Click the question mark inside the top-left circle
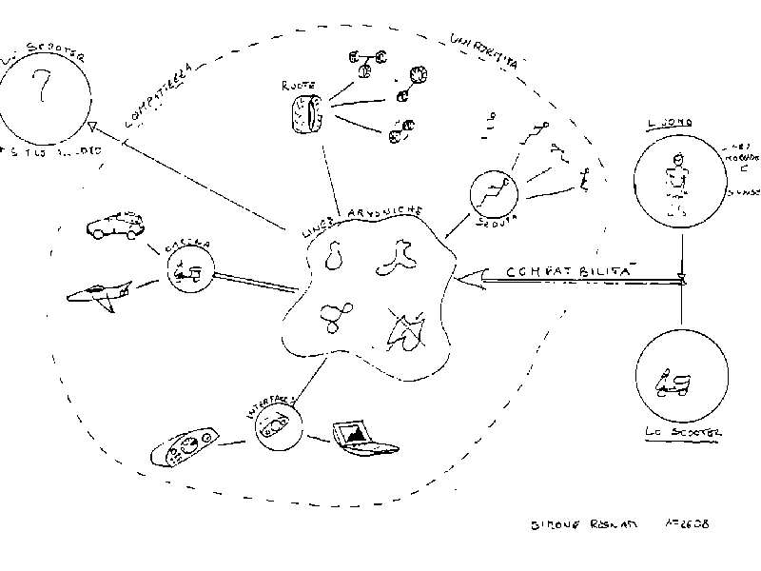pos(41,89)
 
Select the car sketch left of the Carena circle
pos(112,226)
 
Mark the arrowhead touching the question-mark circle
pos(91,127)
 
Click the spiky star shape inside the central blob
pos(404,327)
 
